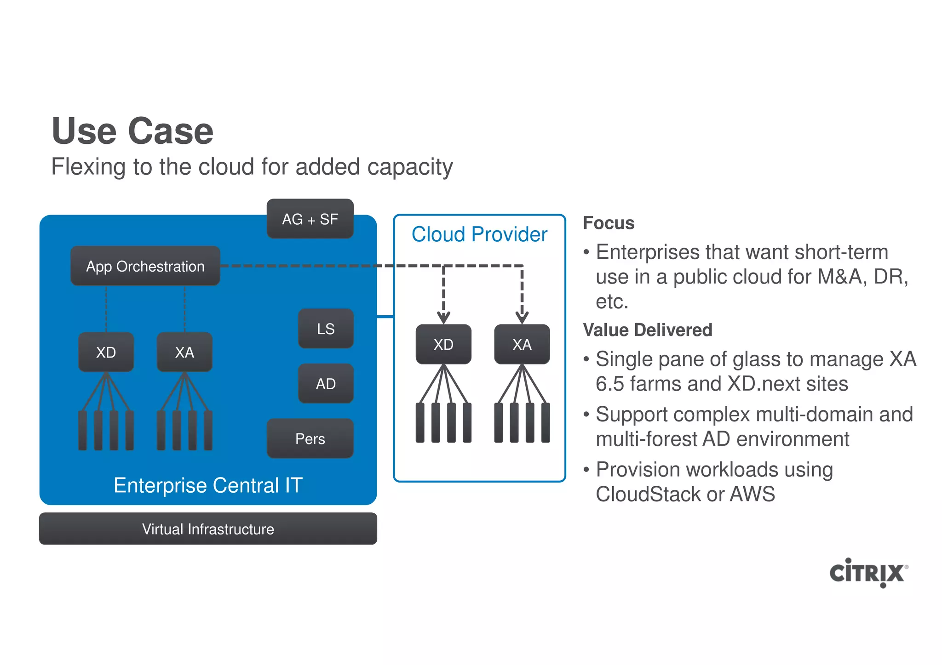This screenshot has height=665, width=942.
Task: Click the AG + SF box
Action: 310,219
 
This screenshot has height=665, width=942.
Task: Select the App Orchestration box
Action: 145,266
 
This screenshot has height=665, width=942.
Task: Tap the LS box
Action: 326,329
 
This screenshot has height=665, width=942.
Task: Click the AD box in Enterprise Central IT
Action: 326,384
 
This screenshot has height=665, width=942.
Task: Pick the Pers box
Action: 310,438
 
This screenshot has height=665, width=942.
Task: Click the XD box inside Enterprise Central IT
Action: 106,352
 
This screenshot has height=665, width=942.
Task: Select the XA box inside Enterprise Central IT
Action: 184,352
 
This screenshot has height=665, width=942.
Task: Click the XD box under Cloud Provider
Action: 443,344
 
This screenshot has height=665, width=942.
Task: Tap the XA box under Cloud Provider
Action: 522,344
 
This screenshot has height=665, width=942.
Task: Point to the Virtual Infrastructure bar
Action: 208,529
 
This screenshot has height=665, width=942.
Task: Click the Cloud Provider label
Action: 479,234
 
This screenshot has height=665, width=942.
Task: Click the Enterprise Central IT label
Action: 208,485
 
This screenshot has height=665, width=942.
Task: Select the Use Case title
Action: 132,131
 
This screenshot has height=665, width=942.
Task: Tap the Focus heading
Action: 609,223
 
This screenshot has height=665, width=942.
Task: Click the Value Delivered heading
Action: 647,330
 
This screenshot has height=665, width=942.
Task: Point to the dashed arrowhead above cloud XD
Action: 443,318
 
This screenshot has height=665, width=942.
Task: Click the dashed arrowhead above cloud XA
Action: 522,318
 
